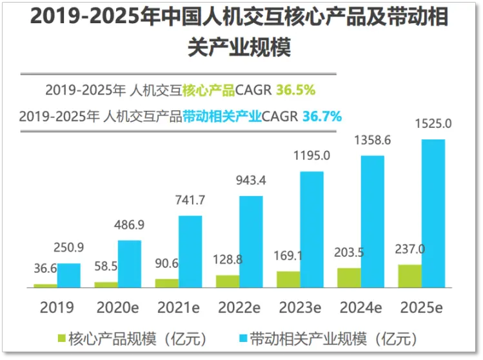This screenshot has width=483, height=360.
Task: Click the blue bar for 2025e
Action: pyautogui.click(x=433, y=213)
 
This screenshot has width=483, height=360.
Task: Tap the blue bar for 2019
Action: pyautogui.click(x=68, y=275)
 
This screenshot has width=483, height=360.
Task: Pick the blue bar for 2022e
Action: pyautogui.click(x=251, y=241)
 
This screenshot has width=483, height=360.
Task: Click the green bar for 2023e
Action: pyautogui.click(x=288, y=279)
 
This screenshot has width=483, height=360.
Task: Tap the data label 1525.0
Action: pyautogui.click(x=433, y=123)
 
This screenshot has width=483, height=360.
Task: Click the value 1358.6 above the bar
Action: pyautogui.click(x=373, y=139)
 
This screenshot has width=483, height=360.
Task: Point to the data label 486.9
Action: pyautogui.click(x=130, y=224)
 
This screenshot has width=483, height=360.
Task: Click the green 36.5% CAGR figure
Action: pyautogui.click(x=295, y=90)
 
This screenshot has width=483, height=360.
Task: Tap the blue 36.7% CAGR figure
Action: pyautogui.click(x=322, y=117)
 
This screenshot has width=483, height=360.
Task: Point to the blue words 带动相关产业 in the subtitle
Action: pyautogui.click(x=222, y=117)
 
